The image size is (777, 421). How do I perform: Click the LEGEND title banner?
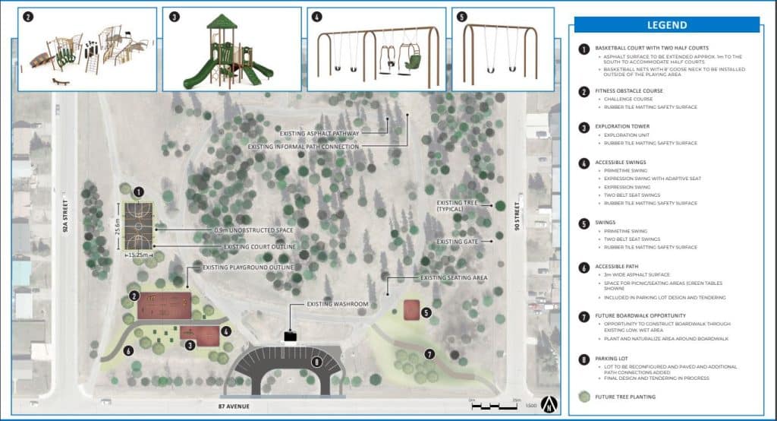666,25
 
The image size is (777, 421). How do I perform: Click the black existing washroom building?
290,335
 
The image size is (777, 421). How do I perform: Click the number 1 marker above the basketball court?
138,193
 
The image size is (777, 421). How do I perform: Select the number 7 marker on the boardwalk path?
429,354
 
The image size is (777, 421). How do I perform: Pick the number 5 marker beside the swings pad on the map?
426,312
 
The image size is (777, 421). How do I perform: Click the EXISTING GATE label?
460,242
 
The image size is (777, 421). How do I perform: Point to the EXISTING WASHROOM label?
337,304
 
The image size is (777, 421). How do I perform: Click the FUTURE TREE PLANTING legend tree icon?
584,396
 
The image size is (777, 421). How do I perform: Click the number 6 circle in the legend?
584,267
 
